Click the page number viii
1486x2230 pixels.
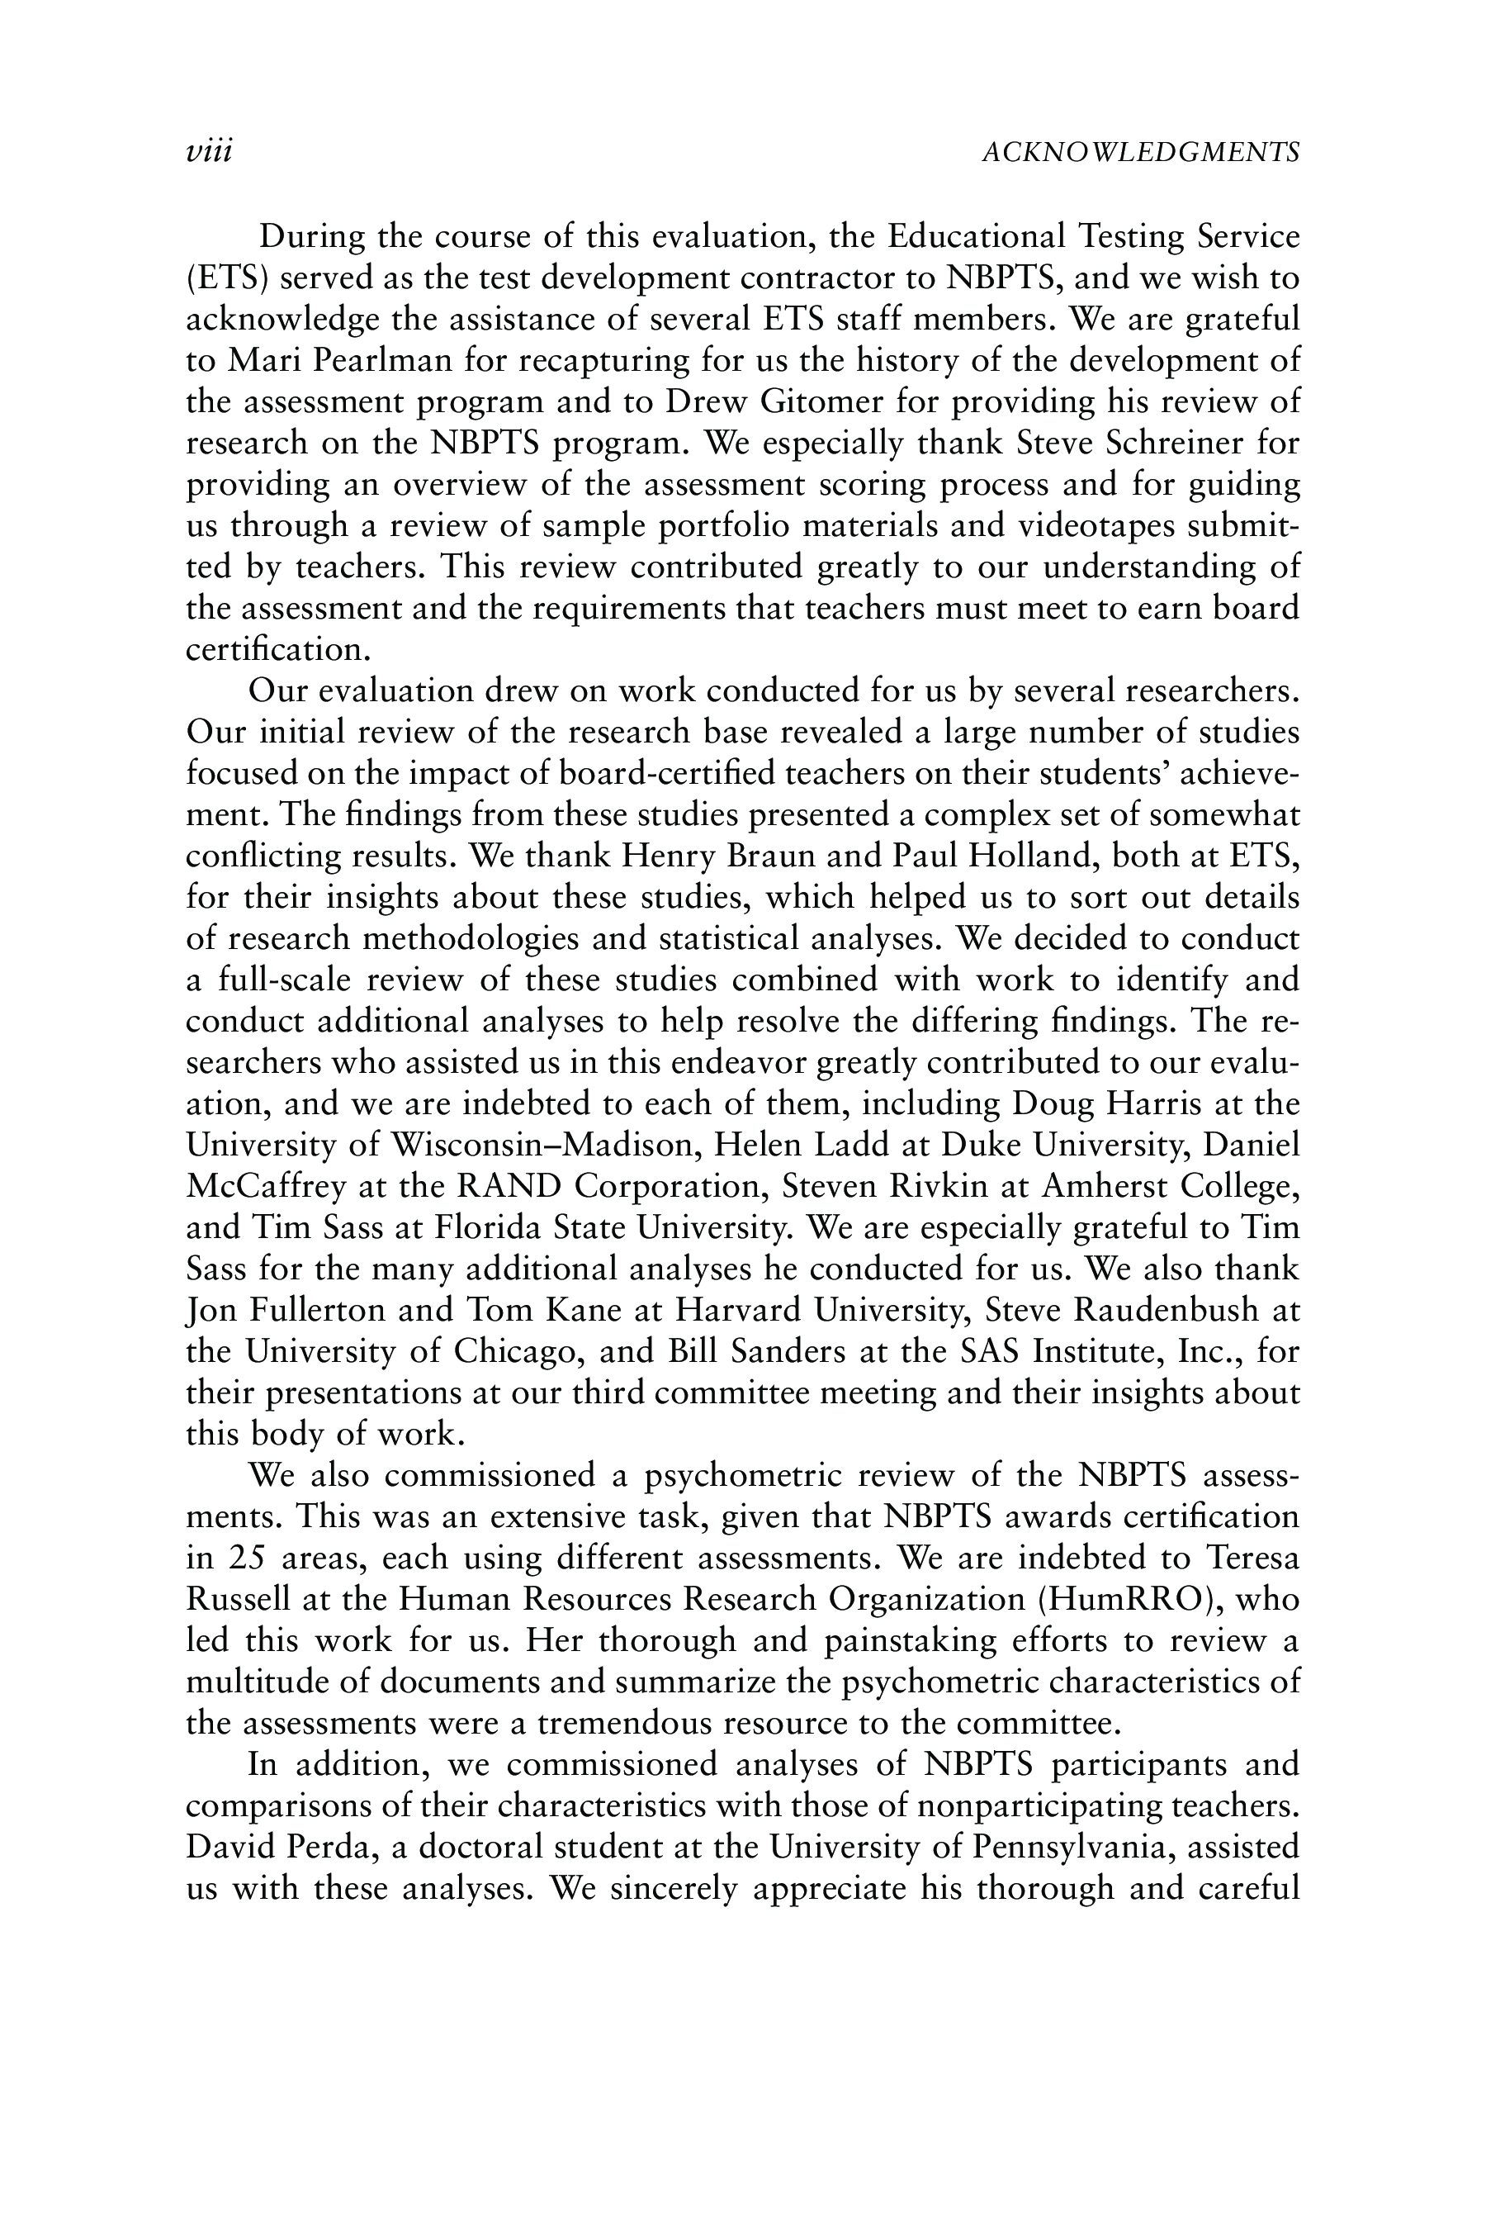pos(210,152)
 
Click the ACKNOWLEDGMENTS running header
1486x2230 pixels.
pos(1140,152)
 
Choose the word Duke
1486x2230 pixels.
pos(982,1146)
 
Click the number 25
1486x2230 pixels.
pos(248,1558)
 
